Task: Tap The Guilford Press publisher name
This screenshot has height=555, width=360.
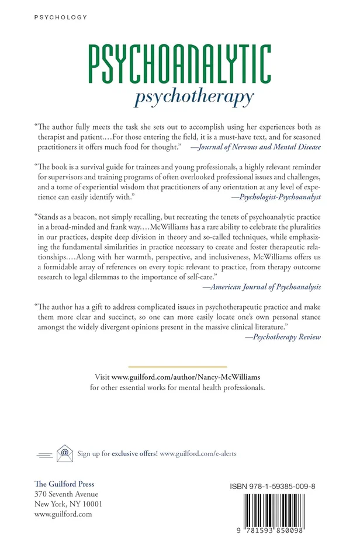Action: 64,484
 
